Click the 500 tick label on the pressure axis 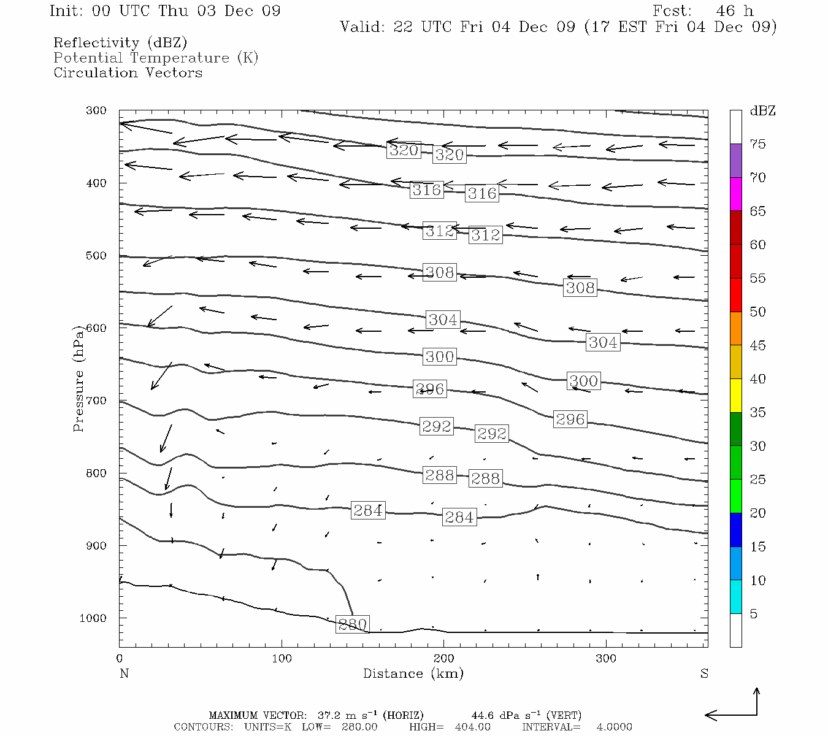tap(96, 256)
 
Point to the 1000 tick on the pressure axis tap(93, 618)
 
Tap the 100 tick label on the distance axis tap(282, 659)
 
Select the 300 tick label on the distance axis tap(606, 659)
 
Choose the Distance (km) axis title tap(413, 673)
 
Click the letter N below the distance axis tap(124, 673)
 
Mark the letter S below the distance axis tap(704, 673)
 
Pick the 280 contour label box tap(353, 624)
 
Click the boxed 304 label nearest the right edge tap(603, 342)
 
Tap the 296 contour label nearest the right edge tap(570, 420)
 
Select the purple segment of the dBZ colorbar tap(735, 161)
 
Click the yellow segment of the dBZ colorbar tap(735, 396)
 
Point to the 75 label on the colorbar tap(758, 144)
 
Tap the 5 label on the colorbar tap(753, 614)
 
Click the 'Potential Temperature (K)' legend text tap(156, 58)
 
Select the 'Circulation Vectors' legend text tap(128, 72)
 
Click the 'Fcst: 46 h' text tap(703, 11)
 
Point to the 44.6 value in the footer tap(483, 715)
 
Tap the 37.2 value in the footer tap(329, 715)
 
